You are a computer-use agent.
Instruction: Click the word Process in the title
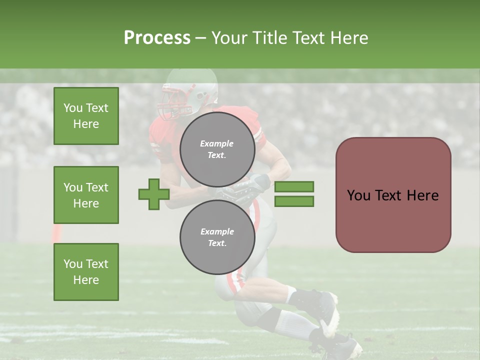click(157, 38)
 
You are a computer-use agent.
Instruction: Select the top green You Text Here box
click(86, 116)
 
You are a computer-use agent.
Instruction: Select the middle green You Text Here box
click(86, 195)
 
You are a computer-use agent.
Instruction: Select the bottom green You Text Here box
click(86, 271)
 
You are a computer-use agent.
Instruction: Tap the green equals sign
click(294, 194)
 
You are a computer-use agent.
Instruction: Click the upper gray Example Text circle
click(217, 149)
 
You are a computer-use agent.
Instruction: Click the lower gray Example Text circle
click(217, 237)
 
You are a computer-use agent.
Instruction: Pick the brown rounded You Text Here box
click(393, 195)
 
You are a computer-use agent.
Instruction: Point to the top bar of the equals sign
click(294, 187)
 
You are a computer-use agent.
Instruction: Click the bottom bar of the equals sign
click(294, 201)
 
